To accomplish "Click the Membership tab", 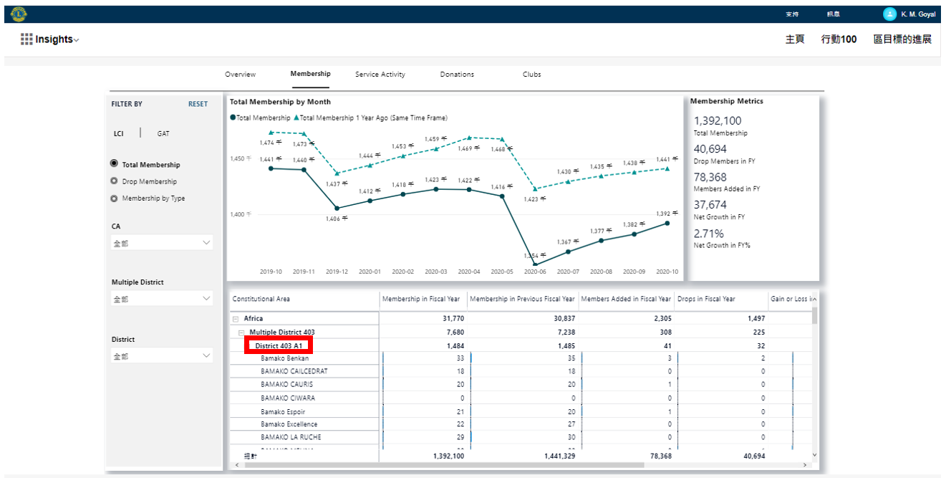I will coord(310,74).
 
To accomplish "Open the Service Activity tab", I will coord(380,75).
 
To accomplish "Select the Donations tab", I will coord(457,75).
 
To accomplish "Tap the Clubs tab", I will coord(531,75).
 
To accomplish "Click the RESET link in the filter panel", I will coord(198,104).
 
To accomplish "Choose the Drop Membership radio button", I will coord(114,181).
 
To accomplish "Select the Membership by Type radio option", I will coord(114,199).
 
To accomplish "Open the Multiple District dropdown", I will coord(162,299).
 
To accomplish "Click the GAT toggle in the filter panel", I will coord(163,133).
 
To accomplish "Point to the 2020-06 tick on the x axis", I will coord(535,272).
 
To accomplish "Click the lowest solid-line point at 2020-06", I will coord(535,264).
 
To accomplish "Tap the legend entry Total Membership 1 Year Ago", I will coord(372,118).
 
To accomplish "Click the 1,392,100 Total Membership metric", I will coord(718,121).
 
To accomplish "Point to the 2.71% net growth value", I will coord(708,234).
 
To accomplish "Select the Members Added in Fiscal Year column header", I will coord(625,299).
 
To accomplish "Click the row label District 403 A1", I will coord(279,346).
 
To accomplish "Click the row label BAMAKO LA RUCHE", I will coord(291,437).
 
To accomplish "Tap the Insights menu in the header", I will coord(50,39).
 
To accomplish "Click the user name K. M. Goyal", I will coord(917,14).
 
